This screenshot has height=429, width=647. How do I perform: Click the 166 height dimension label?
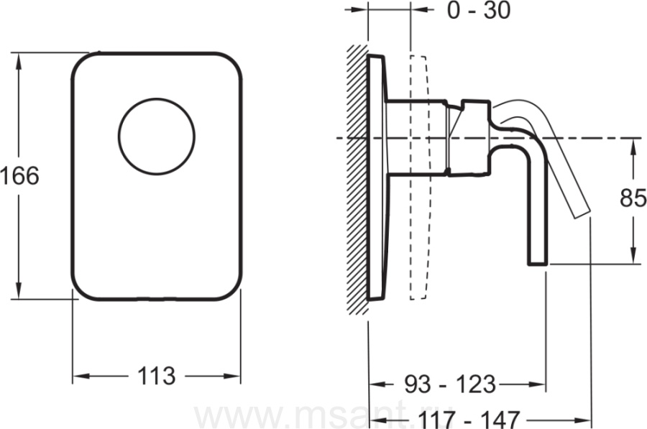19,176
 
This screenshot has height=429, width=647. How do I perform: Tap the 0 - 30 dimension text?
479,10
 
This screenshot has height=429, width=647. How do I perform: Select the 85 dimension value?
633,199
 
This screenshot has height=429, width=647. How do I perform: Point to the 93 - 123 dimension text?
449,384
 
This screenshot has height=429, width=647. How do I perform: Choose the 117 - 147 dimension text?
468,420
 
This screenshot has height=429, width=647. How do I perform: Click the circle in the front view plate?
157,137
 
